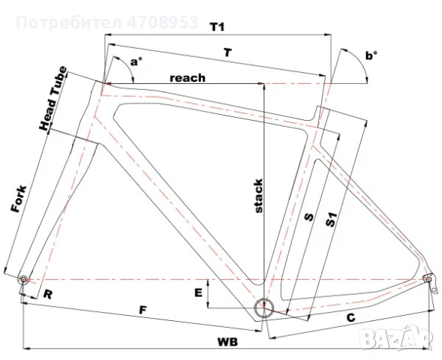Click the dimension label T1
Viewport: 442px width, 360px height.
(x=218, y=27)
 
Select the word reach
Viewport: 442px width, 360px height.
(x=187, y=77)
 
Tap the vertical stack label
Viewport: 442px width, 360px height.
(x=257, y=197)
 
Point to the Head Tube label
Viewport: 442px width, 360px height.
(x=53, y=100)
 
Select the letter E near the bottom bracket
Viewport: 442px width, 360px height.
(x=198, y=292)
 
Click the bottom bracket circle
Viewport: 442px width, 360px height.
(x=263, y=308)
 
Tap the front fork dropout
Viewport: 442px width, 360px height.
(x=23, y=279)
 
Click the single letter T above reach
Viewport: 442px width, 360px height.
(x=226, y=52)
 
